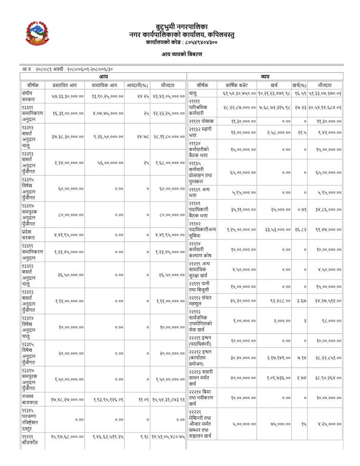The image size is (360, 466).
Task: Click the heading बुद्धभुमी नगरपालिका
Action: pos(181,26)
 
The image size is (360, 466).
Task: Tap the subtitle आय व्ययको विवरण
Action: pos(181,54)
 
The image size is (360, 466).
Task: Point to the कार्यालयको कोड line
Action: pos(181,43)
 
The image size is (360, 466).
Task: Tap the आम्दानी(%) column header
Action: pos(137,84)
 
